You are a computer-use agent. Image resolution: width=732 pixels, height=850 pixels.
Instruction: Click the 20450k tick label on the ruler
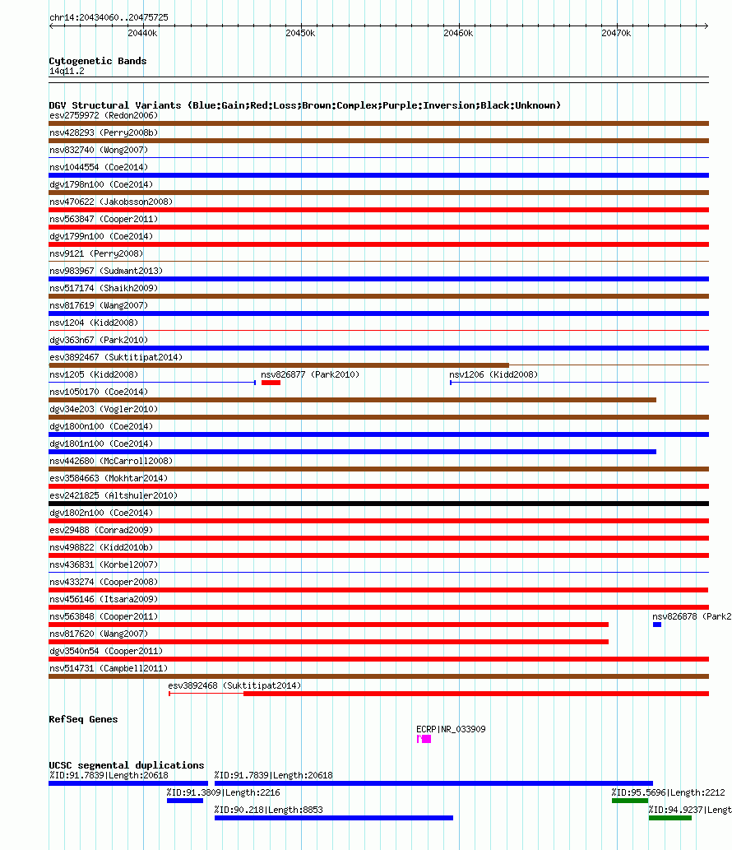point(299,33)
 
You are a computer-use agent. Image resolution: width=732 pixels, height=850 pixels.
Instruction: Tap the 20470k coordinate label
point(615,33)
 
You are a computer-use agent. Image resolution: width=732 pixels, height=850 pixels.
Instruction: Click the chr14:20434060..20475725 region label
point(109,17)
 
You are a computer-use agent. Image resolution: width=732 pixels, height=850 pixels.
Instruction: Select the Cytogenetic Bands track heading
point(97,61)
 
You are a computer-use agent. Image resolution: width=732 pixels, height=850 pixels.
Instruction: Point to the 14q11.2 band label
point(66,71)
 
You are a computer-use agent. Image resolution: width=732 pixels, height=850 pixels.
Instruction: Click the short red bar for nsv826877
point(271,383)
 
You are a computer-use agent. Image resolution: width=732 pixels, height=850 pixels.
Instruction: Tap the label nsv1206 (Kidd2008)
point(493,374)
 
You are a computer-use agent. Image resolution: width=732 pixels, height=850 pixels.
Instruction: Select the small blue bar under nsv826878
point(657,625)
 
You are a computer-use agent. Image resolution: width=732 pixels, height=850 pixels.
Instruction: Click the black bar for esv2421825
point(378,504)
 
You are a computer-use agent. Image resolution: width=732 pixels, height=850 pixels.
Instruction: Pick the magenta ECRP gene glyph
point(424,739)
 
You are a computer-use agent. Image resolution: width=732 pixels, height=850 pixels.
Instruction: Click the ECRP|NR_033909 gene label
point(451,729)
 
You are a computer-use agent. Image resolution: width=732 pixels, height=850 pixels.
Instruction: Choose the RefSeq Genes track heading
point(83,719)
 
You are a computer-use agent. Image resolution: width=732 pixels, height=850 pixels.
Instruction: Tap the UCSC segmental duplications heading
point(126,765)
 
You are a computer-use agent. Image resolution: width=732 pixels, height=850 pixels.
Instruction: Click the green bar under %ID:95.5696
point(629,801)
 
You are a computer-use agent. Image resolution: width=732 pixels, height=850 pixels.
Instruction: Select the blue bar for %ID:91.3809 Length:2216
point(184,801)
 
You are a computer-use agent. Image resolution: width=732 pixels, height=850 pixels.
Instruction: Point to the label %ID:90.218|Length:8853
point(268,810)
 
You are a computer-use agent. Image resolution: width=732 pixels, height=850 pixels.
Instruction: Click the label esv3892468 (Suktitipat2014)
point(234,685)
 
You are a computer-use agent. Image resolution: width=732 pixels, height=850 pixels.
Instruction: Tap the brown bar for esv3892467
point(279,365)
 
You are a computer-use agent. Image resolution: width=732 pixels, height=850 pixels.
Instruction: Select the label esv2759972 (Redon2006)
point(104,115)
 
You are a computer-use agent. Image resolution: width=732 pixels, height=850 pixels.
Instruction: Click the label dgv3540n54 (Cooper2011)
point(104,651)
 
